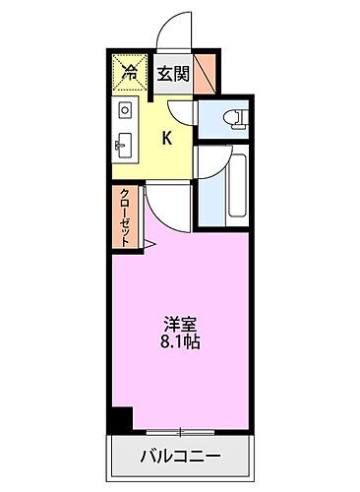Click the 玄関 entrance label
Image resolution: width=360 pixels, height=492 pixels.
click(174, 71)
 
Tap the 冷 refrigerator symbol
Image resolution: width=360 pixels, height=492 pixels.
click(129, 71)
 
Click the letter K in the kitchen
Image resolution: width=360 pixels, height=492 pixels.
click(167, 139)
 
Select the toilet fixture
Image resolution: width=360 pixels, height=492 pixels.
click(235, 119)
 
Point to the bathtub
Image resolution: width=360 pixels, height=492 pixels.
click(235, 184)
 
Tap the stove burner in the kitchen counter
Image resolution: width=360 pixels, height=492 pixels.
click(125, 107)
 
